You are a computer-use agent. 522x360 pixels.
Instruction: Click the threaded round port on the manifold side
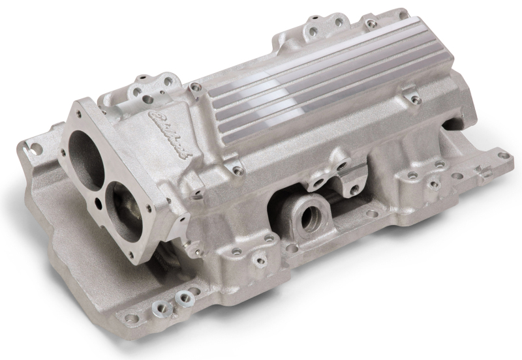point(311,212)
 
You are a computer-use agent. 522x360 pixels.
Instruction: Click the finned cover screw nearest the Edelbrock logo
point(194,87)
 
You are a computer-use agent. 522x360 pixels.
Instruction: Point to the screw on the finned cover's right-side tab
point(413,99)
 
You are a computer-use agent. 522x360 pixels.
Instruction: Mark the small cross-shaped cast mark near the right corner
point(483,171)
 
